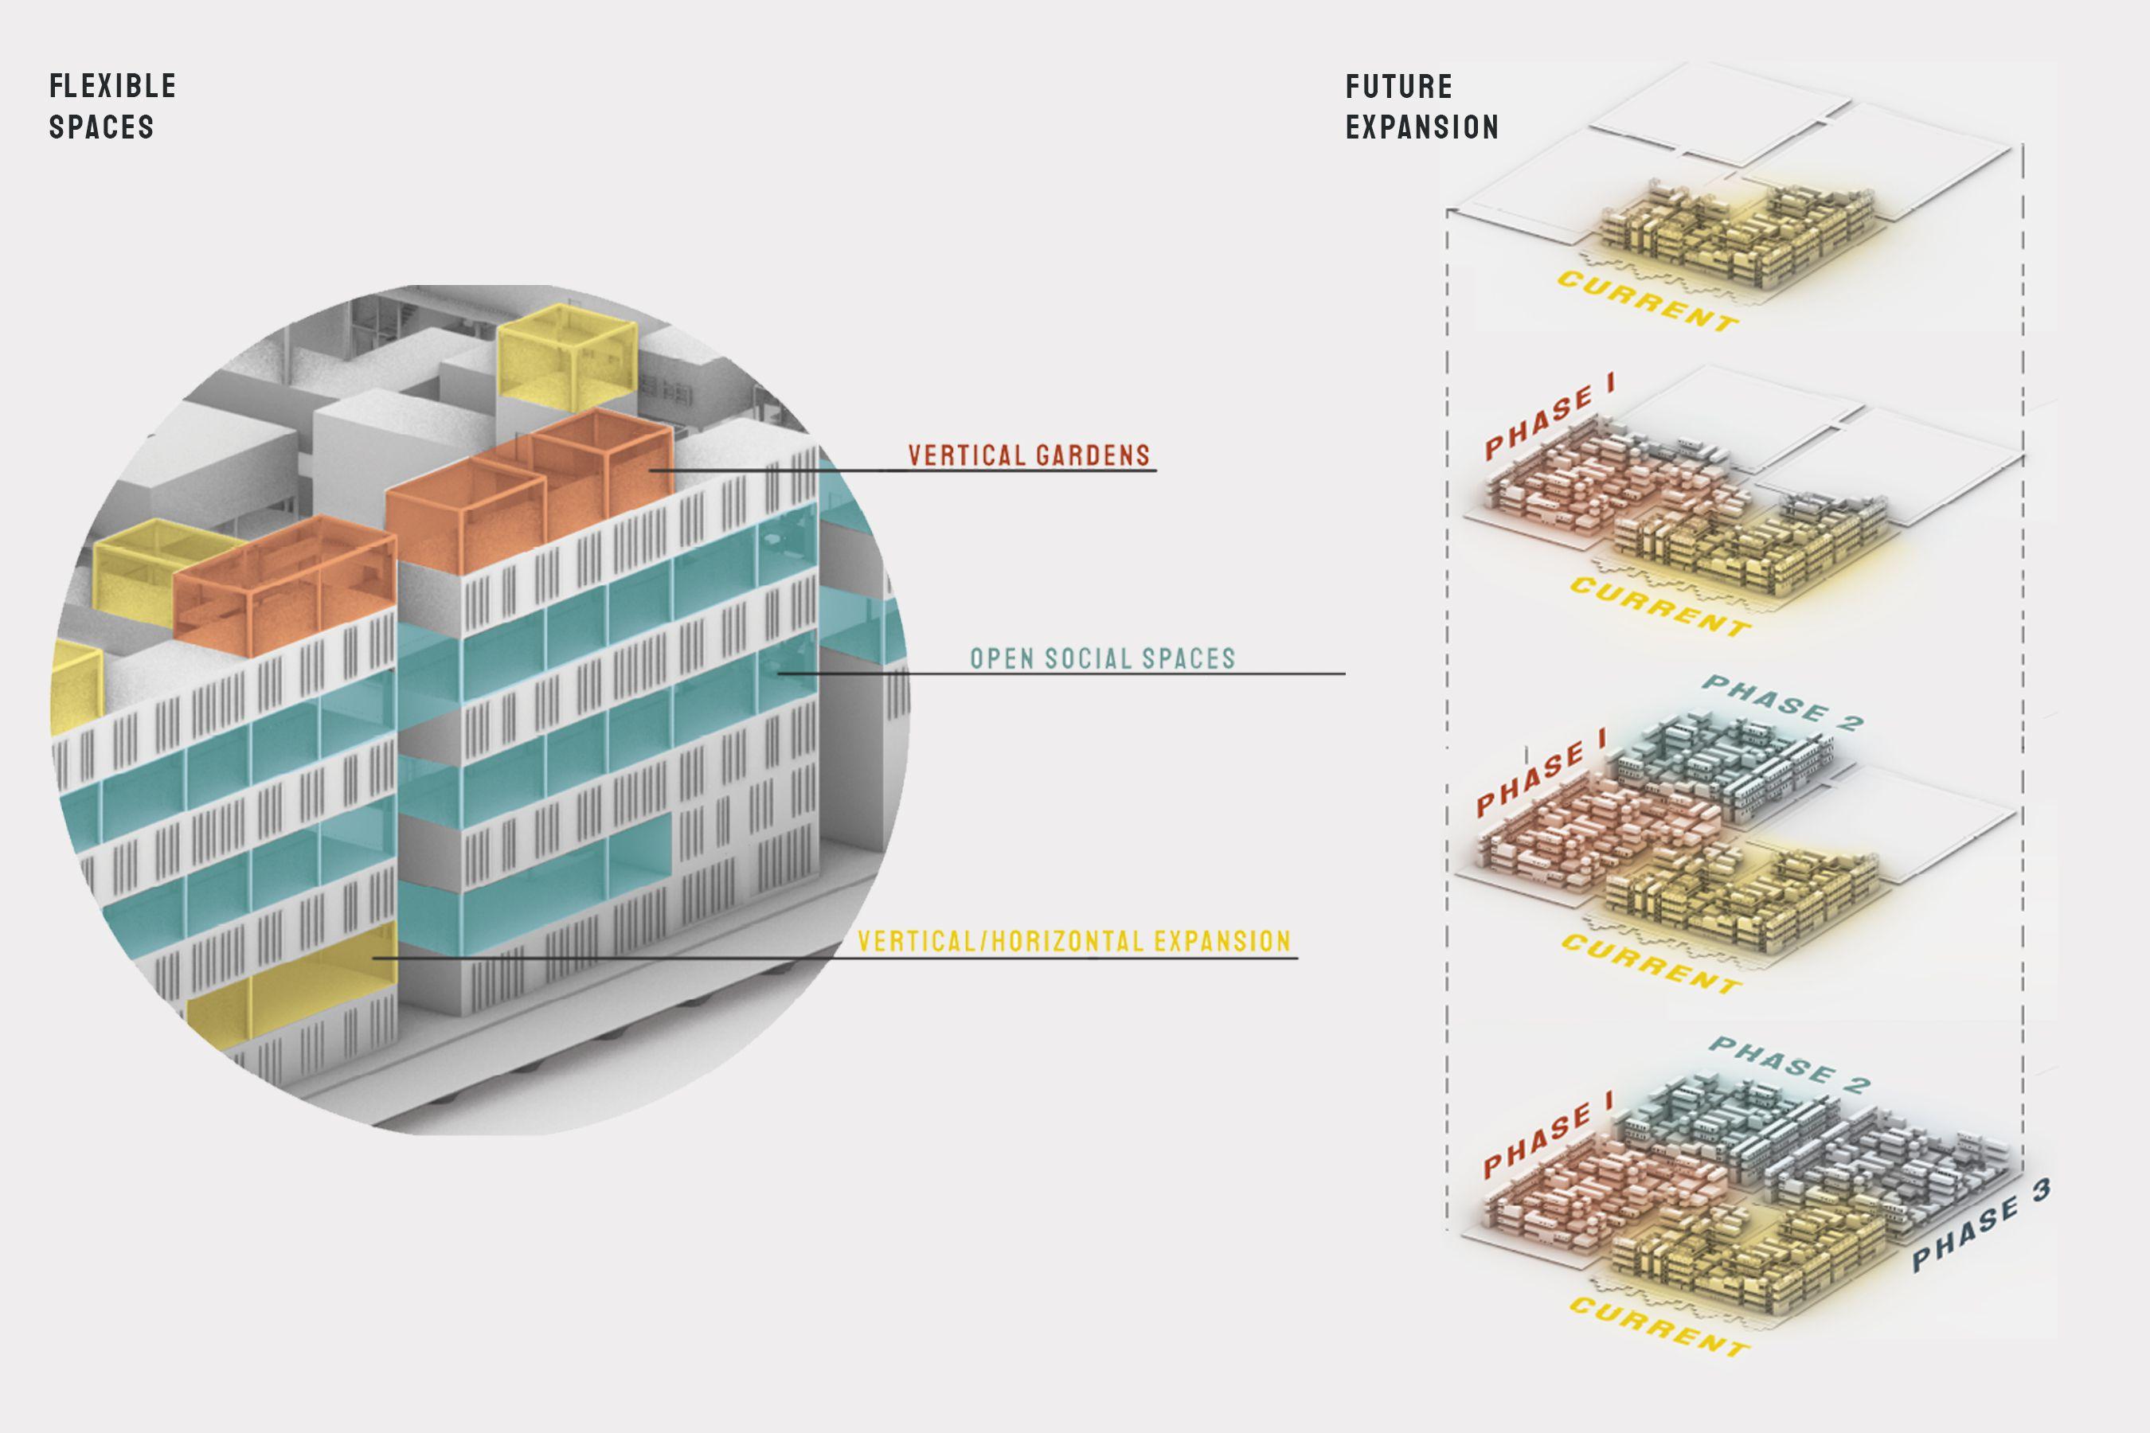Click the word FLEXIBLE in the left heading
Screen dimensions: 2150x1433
pos(112,87)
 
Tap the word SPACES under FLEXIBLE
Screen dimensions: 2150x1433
pos(101,127)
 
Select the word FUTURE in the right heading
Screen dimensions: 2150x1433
pos(1398,88)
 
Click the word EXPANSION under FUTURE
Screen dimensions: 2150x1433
pos(1422,127)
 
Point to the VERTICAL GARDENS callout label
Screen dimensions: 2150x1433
pos(1030,455)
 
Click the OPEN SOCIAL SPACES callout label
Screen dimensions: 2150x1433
pos(1102,658)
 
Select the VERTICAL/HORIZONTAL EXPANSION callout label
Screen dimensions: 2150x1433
pos(1074,941)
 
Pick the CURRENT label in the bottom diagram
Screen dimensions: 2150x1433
pos(1659,1326)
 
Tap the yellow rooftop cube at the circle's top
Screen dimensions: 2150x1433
pos(566,357)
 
